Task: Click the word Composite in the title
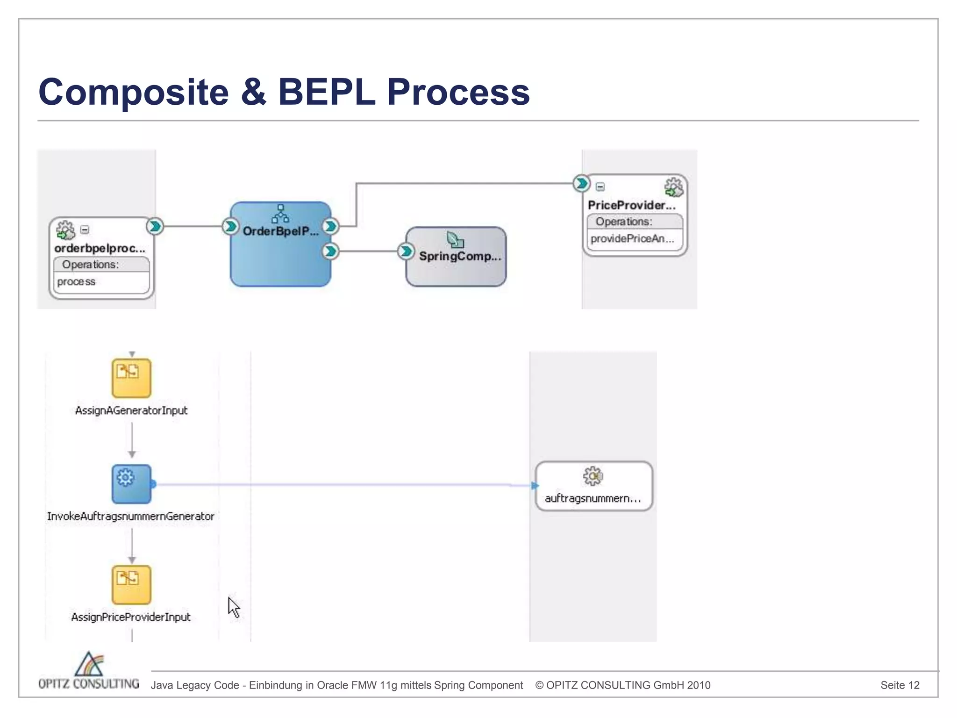click(134, 92)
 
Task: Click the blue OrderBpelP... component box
click(280, 257)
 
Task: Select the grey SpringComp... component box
click(456, 269)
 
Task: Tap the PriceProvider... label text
click(631, 205)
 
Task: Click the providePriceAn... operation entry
click(632, 239)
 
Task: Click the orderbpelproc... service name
click(100, 248)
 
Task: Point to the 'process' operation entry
click(76, 282)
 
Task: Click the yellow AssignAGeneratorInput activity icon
click(131, 378)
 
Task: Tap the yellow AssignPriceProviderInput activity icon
click(131, 585)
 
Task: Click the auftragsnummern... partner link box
click(593, 486)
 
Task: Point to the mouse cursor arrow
click(233, 606)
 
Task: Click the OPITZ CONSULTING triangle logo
click(89, 664)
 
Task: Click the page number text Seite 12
click(900, 685)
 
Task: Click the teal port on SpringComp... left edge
click(406, 251)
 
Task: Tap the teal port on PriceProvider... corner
click(581, 183)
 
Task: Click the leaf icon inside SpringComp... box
click(455, 240)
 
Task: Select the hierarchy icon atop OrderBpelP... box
click(280, 214)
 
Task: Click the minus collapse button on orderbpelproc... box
click(85, 230)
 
